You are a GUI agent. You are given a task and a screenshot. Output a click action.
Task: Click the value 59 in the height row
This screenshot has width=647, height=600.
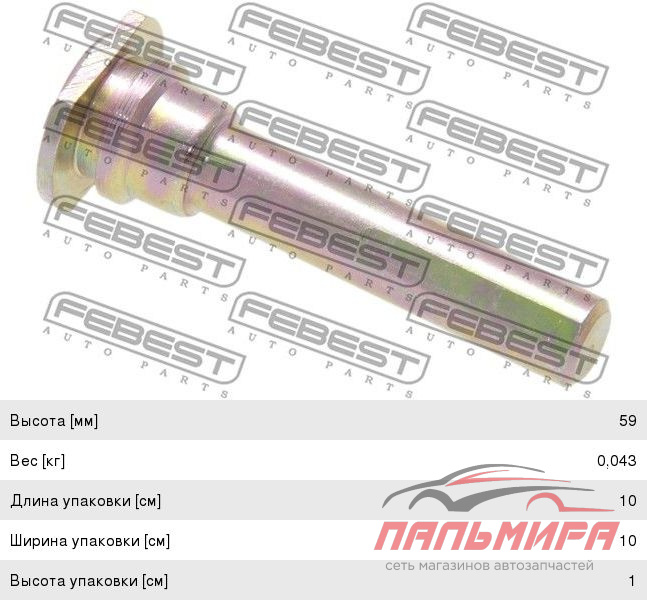pyautogui.click(x=628, y=420)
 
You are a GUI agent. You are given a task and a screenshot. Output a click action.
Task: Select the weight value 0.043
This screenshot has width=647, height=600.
pyautogui.click(x=616, y=461)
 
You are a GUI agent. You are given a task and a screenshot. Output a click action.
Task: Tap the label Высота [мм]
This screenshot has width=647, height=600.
pyautogui.click(x=54, y=421)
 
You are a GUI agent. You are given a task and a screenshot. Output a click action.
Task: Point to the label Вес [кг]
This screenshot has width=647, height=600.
pyautogui.click(x=38, y=461)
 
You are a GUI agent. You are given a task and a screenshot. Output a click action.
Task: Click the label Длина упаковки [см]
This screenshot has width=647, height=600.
pyautogui.click(x=85, y=501)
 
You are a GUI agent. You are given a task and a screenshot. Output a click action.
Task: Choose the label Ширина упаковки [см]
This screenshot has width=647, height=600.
pyautogui.click(x=90, y=541)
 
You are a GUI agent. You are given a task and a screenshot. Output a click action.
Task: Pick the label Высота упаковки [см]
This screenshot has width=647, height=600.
pyautogui.click(x=89, y=581)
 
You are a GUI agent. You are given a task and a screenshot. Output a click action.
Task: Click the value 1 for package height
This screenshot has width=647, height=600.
pyautogui.click(x=632, y=581)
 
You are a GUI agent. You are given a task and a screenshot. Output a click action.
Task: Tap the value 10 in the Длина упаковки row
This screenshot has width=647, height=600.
pyautogui.click(x=628, y=501)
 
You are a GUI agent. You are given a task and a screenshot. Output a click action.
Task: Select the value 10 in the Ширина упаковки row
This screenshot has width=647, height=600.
pyautogui.click(x=628, y=541)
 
